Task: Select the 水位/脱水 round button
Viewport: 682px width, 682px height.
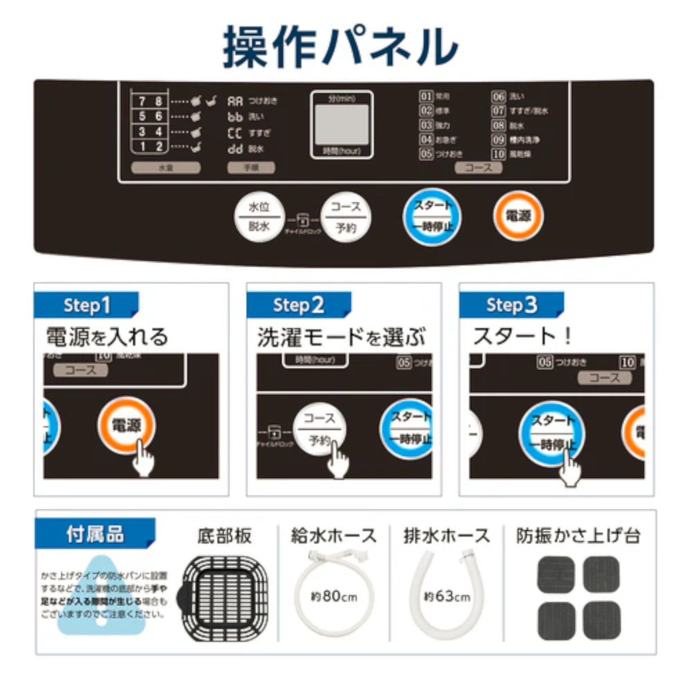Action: pyautogui.click(x=259, y=217)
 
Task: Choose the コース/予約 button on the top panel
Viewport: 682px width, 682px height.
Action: pyautogui.click(x=346, y=217)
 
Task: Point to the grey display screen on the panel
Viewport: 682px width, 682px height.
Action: pyautogui.click(x=341, y=124)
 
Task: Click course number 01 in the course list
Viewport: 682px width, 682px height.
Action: pyautogui.click(x=426, y=96)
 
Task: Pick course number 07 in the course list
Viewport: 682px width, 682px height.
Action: pyautogui.click(x=498, y=111)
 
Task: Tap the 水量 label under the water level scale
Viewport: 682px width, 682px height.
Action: pyautogui.click(x=165, y=168)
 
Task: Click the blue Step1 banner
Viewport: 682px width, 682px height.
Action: pyautogui.click(x=87, y=305)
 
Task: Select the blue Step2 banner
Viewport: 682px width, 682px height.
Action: pyautogui.click(x=299, y=305)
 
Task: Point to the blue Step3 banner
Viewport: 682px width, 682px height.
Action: pyautogui.click(x=511, y=305)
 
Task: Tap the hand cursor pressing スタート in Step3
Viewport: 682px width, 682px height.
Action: pyautogui.click(x=569, y=469)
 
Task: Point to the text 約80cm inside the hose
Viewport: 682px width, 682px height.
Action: pyautogui.click(x=334, y=596)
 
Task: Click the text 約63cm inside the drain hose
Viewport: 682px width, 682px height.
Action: pyautogui.click(x=447, y=596)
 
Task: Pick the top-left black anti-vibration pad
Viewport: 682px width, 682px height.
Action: pyautogui.click(x=556, y=574)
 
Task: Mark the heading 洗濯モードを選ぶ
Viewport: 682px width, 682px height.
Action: pyautogui.click(x=341, y=338)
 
